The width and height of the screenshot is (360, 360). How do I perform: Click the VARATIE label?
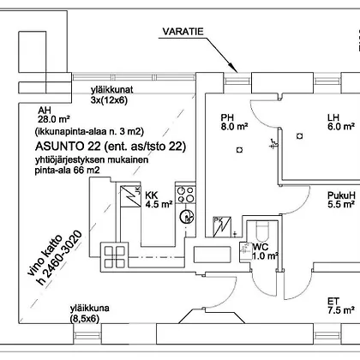[183, 32]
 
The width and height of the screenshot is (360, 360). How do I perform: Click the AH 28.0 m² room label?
[54, 115]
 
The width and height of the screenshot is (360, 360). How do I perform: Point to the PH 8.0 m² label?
[234, 122]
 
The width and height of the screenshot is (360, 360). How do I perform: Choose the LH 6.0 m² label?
[341, 122]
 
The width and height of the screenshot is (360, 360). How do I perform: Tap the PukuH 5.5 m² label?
[341, 200]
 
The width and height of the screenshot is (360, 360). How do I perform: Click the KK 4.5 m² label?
[159, 200]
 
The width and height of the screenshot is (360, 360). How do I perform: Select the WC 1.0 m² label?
[265, 251]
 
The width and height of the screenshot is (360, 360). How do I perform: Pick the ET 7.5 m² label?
[341, 306]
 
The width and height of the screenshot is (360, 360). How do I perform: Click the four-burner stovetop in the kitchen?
[186, 195]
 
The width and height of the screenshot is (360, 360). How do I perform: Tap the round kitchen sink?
[187, 216]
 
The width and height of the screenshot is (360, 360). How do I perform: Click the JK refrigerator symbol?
[130, 196]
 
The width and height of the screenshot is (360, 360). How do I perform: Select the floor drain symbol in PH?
[239, 150]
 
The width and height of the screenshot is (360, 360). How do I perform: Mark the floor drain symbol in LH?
[299, 136]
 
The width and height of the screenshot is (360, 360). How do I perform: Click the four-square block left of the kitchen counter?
[115, 257]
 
